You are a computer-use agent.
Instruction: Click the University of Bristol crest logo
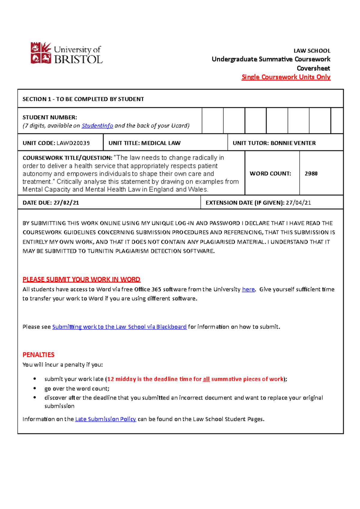point(41,53)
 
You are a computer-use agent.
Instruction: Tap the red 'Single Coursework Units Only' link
point(286,77)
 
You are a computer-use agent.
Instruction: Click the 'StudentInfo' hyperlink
point(97,126)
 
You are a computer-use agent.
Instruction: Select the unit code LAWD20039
point(73,143)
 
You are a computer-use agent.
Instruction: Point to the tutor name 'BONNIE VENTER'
point(293,143)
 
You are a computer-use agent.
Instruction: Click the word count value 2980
point(311,174)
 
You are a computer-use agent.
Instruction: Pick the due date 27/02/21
point(66,203)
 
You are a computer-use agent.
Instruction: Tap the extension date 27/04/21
point(298,203)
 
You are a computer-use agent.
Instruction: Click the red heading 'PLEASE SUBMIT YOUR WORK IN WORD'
point(81,279)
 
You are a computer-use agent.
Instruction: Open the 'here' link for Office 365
point(248,289)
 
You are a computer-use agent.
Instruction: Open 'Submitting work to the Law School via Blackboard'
point(119,327)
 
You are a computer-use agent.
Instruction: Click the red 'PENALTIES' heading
point(38,355)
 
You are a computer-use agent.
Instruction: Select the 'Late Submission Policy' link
point(106,419)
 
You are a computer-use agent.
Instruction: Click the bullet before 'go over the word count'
point(35,388)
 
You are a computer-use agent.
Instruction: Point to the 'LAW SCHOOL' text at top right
point(312,51)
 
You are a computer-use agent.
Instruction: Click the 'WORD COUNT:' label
point(270,174)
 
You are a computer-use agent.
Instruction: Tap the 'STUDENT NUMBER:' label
point(50,118)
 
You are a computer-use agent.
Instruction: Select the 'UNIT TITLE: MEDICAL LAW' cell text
point(144,143)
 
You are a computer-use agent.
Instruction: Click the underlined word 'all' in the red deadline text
point(206,379)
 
